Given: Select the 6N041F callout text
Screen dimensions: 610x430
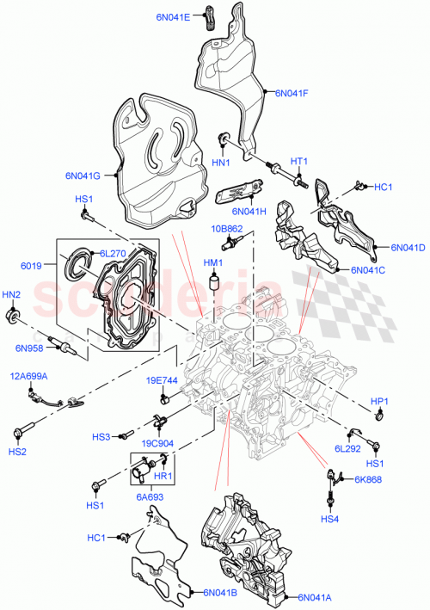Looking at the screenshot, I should [x=292, y=93].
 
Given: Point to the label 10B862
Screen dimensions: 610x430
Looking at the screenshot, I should [x=228, y=229].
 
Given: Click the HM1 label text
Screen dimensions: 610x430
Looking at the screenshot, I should [x=212, y=262].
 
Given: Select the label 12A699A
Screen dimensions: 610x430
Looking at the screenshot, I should [x=28, y=376].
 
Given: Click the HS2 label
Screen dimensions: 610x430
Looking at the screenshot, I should [x=18, y=452].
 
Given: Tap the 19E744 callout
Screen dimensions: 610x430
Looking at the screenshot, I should [x=161, y=379].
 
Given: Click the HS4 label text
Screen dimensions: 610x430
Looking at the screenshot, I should [x=330, y=518].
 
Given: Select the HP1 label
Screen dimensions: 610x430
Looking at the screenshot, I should [x=379, y=400].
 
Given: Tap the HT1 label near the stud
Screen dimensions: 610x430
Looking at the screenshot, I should [x=298, y=160].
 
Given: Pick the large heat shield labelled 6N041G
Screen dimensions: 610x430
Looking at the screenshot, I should [x=155, y=163].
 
